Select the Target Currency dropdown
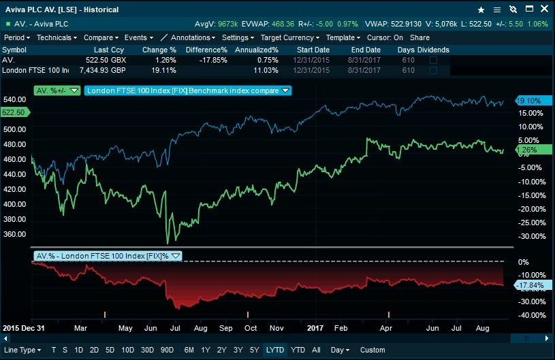[289, 38]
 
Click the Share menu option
[419, 38]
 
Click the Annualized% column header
[256, 50]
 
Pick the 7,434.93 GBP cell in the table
[102, 70]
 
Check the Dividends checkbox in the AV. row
[433, 60]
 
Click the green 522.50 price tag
[14, 112]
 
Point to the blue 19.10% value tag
[528, 100]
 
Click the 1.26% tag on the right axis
[528, 150]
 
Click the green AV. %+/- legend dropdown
[57, 91]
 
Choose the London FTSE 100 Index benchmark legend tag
[187, 91]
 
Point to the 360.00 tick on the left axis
[15, 234]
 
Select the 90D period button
[166, 350]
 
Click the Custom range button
[372, 350]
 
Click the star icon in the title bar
[481, 10]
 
